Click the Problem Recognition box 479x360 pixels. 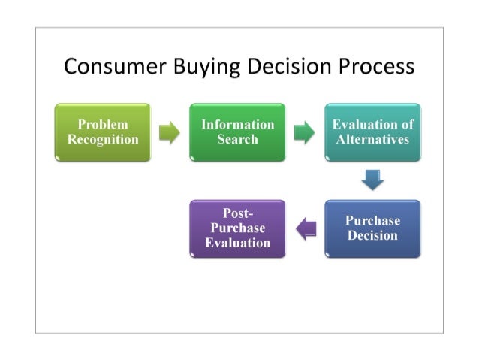103,132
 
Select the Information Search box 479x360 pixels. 237,132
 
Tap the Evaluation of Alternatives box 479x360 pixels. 372,132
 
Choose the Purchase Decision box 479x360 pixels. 372,228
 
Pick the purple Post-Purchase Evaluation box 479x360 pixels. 237,228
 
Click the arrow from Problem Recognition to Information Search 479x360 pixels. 170,134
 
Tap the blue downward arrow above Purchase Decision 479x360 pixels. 372,180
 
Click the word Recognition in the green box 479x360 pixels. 103,140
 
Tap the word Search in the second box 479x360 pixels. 237,140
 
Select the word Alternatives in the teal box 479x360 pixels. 372,140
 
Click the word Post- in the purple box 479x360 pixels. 237,214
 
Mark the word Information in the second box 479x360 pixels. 237,125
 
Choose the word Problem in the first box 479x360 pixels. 103,125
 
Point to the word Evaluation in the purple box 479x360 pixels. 237,243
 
